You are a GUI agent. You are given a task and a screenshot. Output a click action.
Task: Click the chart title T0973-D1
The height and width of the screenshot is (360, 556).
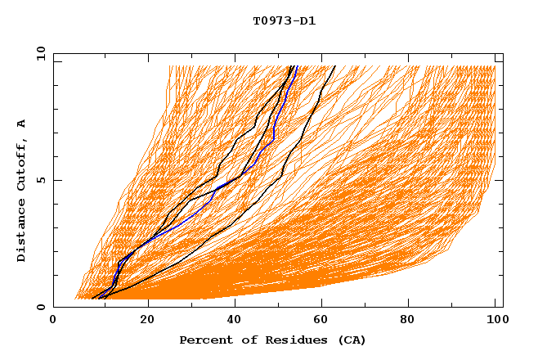[x=284, y=20]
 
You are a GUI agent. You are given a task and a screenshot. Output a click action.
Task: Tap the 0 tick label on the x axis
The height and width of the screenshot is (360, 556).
[x=53, y=321]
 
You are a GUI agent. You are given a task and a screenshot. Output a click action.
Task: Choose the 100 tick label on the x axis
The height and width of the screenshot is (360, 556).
[x=495, y=321]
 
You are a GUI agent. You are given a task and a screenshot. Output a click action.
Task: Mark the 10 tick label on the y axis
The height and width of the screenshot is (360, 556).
[x=40, y=52]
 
